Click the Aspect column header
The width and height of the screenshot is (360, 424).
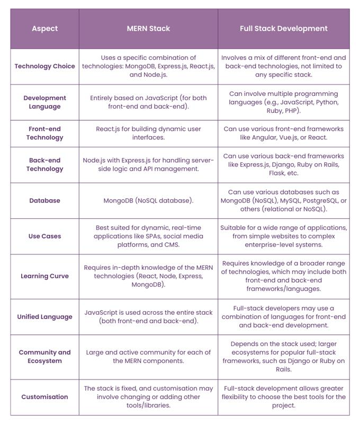tap(44, 29)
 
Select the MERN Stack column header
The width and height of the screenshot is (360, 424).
tap(148, 29)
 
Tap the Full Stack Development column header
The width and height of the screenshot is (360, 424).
tap(283, 29)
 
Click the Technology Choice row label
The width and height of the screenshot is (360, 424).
tap(44, 66)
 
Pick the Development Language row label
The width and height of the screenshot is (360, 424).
tap(44, 102)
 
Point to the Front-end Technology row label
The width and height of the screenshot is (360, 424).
tap(44, 133)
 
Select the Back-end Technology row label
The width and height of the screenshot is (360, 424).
tap(44, 164)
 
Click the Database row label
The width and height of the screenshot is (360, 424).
tap(44, 200)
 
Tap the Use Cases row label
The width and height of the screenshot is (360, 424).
tap(44, 236)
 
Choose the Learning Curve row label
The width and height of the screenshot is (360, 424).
tap(44, 276)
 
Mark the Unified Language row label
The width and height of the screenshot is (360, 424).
tap(44, 316)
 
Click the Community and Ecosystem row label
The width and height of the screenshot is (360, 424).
tap(44, 357)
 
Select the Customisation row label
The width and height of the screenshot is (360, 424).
tap(44, 396)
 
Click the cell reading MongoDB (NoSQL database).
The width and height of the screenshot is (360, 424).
tap(148, 200)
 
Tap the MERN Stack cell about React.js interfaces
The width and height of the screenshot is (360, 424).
tap(148, 133)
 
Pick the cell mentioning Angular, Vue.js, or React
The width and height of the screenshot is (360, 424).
tap(283, 133)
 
